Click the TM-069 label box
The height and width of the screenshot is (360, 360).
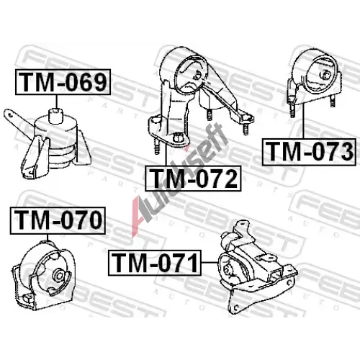[63, 82]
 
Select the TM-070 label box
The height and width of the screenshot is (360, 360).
[58, 220]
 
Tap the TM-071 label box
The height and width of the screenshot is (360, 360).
[155, 263]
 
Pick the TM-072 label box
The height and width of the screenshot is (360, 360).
[193, 179]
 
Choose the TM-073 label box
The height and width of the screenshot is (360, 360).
[309, 152]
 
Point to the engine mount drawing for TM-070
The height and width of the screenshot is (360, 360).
[44, 276]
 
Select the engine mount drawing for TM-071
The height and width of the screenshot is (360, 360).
[258, 267]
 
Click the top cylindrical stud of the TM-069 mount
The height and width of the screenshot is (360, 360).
[55, 116]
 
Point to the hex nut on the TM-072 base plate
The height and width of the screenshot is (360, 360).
[178, 138]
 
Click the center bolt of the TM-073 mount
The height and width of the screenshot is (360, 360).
[326, 74]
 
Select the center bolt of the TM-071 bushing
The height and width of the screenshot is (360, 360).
[227, 269]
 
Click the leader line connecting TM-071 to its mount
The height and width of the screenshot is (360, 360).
[210, 263]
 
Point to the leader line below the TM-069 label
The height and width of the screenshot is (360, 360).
[57, 102]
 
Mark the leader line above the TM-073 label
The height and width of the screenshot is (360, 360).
[303, 121]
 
